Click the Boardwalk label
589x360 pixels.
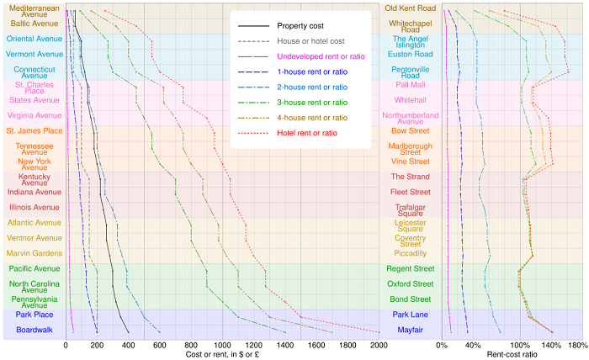[34, 330]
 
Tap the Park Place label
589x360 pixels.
[34, 315]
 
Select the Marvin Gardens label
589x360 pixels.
[34, 253]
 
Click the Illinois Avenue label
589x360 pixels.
[34, 207]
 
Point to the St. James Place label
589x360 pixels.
[34, 130]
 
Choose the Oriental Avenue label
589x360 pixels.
[34, 39]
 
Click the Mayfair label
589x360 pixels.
[410, 330]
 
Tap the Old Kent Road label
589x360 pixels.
[410, 8]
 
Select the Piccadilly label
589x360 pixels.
[410, 253]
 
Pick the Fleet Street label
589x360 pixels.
[410, 192]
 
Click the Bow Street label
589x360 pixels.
[410, 130]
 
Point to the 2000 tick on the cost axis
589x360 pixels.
[379, 345]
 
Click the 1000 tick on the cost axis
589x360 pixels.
[222, 345]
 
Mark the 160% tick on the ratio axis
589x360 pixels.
[576, 345]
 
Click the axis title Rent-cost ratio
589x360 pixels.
[512, 355]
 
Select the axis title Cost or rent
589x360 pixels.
[222, 355]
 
